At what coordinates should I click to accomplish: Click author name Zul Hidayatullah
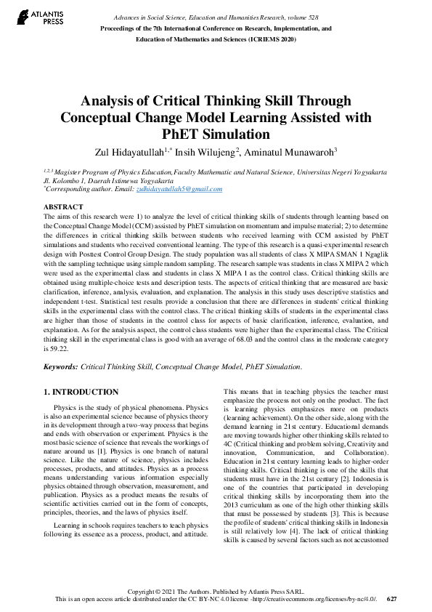127,151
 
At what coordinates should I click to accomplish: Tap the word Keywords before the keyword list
60,369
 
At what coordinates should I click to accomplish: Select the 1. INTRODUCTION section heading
81,392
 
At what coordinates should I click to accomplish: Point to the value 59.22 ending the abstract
57,348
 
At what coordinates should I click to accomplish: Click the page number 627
392,599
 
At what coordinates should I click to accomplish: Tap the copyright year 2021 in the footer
170,591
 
